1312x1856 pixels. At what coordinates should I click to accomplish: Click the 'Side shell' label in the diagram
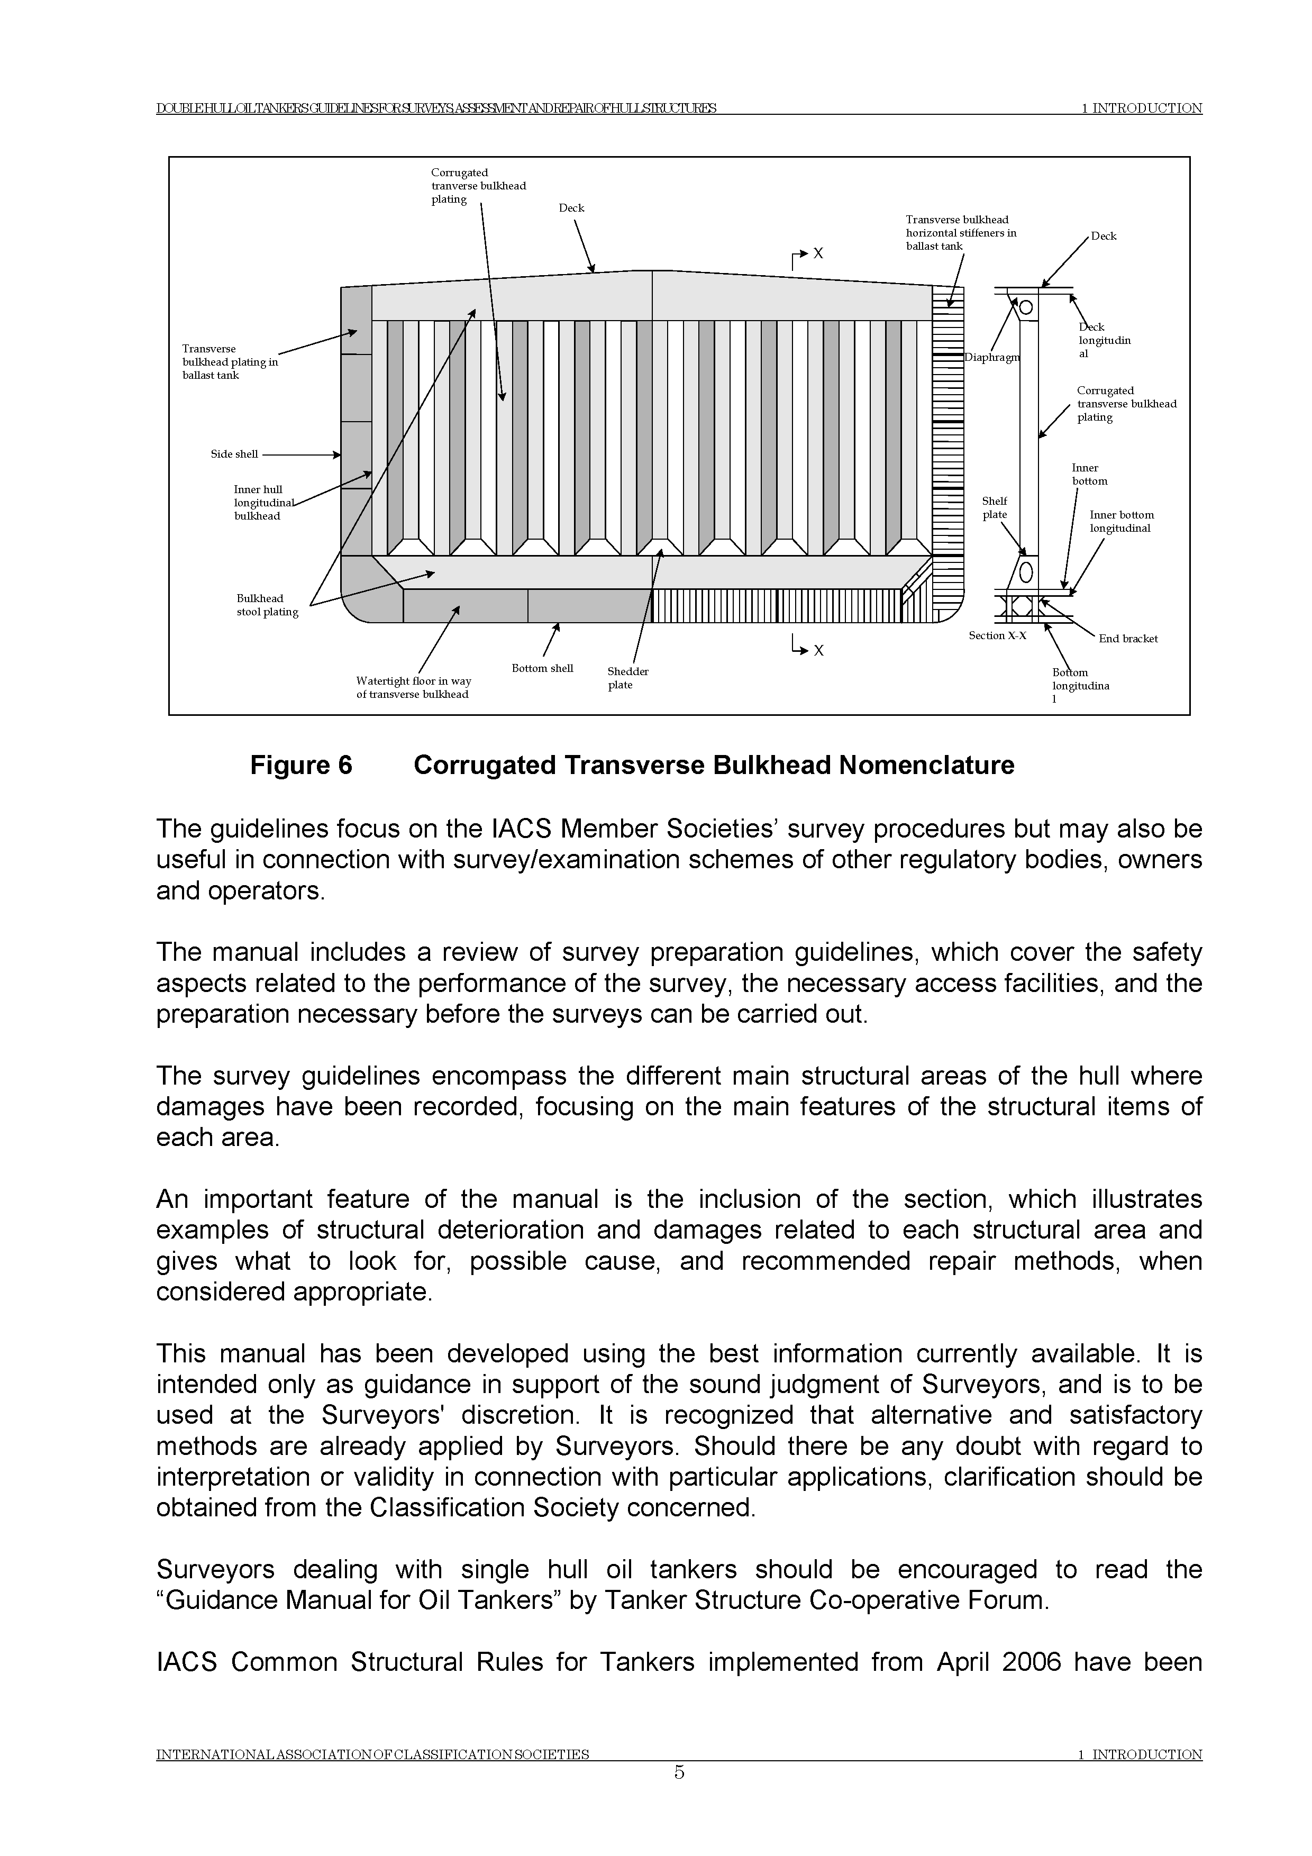[x=234, y=454]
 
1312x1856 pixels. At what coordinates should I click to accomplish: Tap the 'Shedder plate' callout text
[x=627, y=678]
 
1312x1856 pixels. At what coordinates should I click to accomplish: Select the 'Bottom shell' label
[x=542, y=669]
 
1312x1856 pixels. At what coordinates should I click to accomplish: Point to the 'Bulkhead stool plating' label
[x=267, y=605]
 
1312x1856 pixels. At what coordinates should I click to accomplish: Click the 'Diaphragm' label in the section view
[x=992, y=358]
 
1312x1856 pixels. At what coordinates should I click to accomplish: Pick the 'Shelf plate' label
[x=994, y=508]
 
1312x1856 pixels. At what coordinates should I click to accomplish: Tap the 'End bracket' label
[x=1128, y=639]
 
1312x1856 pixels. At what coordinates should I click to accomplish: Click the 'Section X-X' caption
[x=998, y=635]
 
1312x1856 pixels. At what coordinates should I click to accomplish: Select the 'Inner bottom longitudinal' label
[x=1121, y=521]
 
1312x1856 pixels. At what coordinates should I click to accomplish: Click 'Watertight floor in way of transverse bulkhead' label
[x=413, y=688]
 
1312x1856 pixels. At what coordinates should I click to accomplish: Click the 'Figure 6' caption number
[x=300, y=766]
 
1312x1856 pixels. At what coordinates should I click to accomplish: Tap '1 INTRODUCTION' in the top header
[x=1142, y=108]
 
